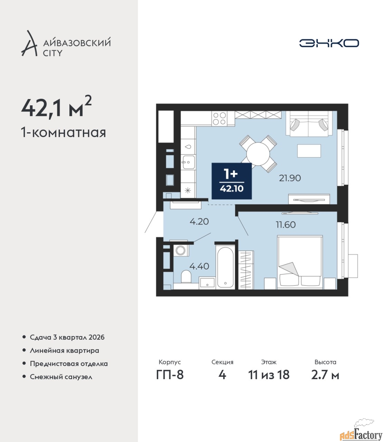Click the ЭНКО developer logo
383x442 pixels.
pos(329,43)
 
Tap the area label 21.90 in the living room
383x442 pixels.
pos(290,178)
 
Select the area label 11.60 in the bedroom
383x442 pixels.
pos(286,225)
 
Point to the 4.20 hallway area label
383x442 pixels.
pos(199,222)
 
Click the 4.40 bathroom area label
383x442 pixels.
pos(199,266)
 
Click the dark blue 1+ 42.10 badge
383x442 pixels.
pos(232,181)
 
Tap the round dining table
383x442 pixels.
pos(258,154)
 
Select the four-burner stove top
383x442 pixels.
pos(220,118)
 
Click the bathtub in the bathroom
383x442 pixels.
pos(226,267)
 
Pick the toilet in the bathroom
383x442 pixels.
pos(186,277)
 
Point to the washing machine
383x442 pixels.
pos(181,250)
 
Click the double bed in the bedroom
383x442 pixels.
pos(300,262)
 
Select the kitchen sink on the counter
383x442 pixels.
pos(188,162)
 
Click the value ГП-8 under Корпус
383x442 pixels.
pos(170,375)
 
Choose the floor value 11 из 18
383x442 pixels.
pos(269,375)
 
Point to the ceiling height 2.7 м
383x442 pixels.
pos(325,375)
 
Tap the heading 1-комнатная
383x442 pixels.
pos(64,133)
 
